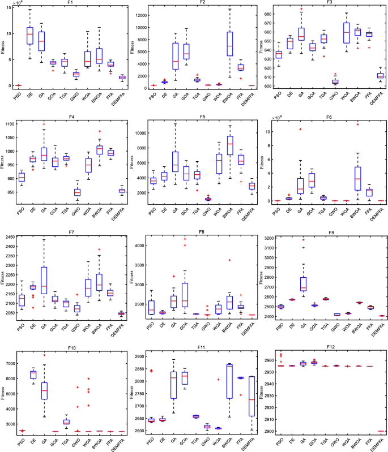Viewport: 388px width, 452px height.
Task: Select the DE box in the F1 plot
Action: point(30,35)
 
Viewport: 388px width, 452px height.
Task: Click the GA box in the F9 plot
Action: point(302,283)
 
